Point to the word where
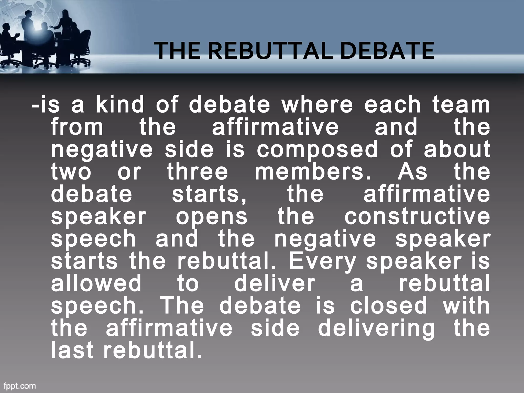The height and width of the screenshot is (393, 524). (317, 105)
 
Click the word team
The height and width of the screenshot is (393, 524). (461, 105)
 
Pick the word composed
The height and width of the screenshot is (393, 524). (317, 149)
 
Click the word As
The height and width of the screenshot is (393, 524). (412, 172)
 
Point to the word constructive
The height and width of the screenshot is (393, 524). (417, 216)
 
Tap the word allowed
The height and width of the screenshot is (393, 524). (96, 283)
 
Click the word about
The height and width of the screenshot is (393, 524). (457, 149)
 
